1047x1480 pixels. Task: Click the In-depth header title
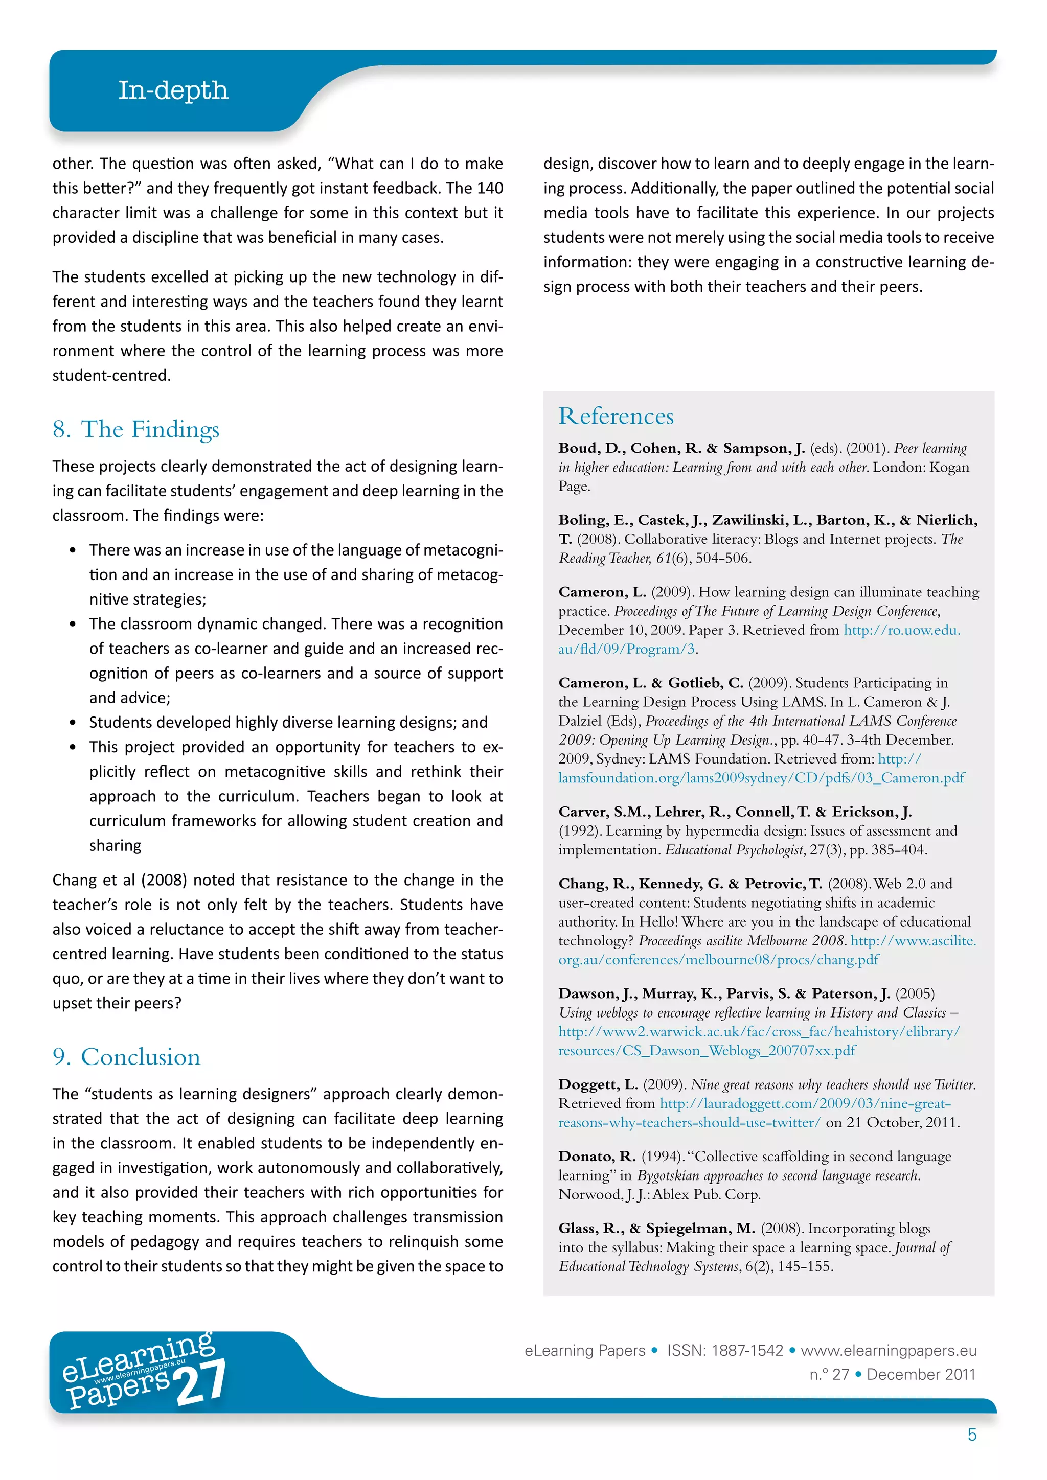[173, 90]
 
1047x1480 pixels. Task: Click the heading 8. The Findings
[136, 429]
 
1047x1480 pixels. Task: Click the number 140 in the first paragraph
[489, 188]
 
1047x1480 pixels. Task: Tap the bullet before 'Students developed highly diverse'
[73, 723]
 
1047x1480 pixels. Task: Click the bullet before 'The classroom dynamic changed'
[73, 625]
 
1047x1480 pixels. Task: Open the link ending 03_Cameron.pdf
[761, 778]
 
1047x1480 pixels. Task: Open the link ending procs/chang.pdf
[718, 960]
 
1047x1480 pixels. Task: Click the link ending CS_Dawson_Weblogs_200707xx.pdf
[707, 1051]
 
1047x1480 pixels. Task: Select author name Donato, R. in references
[597, 1157]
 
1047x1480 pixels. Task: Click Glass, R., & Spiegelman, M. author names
[656, 1229]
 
